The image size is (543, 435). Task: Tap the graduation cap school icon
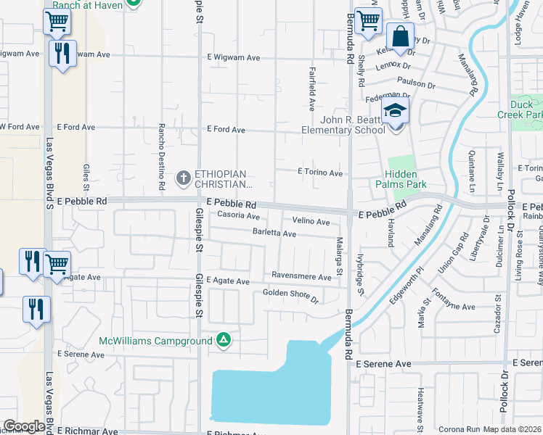[396, 111]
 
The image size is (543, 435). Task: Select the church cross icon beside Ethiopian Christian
[184, 177]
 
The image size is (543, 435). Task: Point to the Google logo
[23, 426]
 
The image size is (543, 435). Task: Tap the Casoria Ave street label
[233, 216]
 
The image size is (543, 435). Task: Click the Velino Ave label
[311, 221]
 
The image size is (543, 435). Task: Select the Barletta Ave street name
[274, 234]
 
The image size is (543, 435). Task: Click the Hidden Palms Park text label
[401, 179]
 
